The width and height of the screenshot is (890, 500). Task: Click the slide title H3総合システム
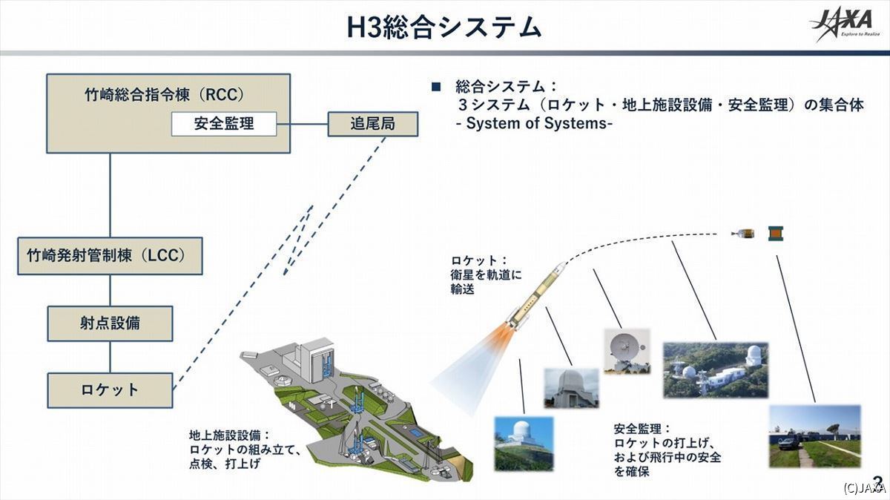(444, 28)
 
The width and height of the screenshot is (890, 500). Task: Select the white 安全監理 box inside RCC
(224, 124)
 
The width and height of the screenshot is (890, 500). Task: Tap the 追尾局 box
(372, 124)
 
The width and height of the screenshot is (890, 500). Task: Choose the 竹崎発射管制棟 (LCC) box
(110, 256)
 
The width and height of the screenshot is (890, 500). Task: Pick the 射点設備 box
(110, 323)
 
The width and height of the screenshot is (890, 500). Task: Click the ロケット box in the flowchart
(110, 390)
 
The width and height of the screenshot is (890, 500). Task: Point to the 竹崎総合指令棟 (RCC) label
(165, 95)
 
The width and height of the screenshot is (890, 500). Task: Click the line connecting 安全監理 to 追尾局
(302, 124)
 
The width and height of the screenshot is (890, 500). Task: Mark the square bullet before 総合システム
(436, 87)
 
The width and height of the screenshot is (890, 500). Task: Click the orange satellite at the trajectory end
(776, 233)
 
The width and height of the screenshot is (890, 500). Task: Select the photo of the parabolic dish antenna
(627, 351)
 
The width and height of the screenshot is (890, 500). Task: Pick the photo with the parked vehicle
(815, 436)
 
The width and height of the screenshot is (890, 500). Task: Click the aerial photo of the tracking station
(716, 370)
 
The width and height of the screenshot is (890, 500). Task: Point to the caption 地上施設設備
(230, 435)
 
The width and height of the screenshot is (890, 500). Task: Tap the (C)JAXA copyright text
(866, 487)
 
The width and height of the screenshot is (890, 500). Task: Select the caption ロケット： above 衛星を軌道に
(480, 260)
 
